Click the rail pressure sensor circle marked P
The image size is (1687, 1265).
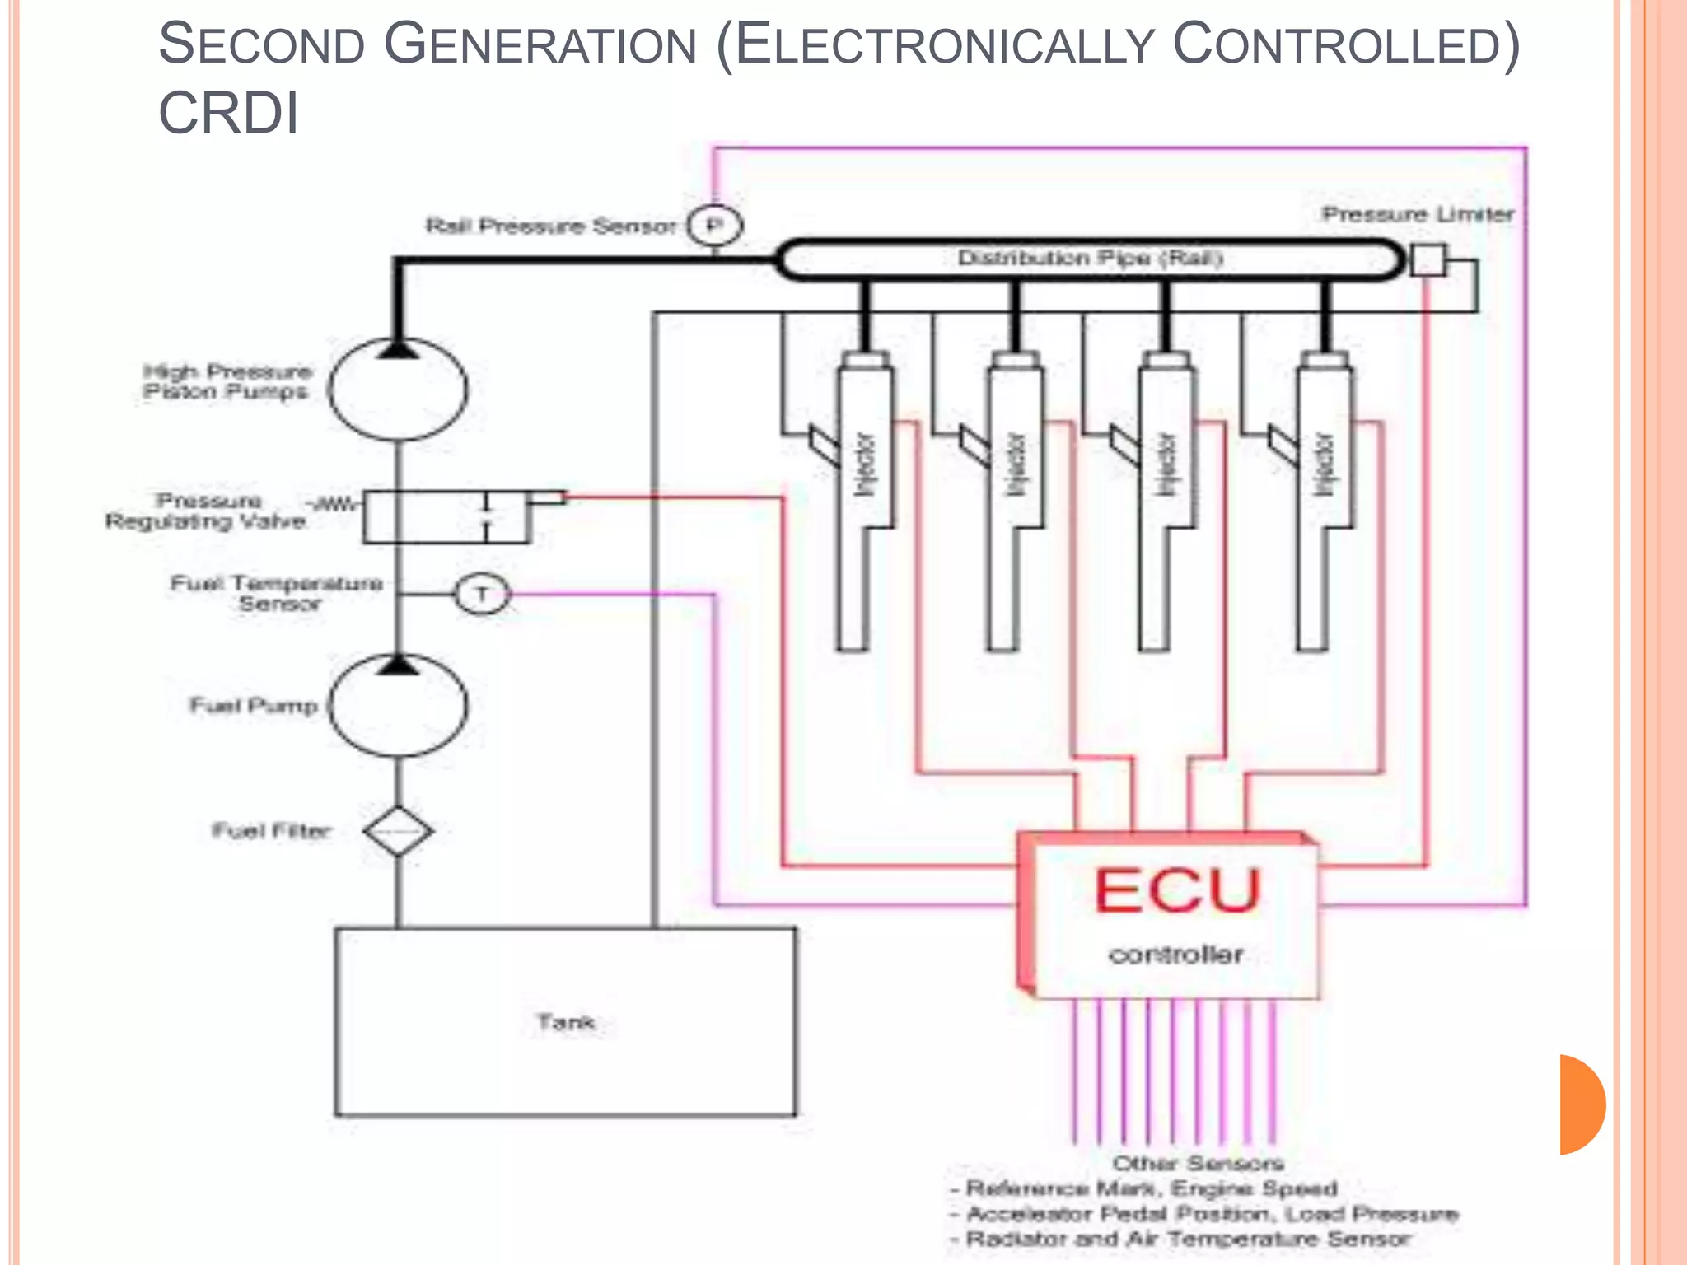pos(715,226)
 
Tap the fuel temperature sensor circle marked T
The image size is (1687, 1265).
pos(483,594)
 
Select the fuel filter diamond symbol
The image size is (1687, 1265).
pos(398,830)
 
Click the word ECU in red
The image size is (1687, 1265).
pos(1177,891)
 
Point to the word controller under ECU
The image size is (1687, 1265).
pos(1175,955)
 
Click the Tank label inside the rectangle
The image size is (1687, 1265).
pos(566,1022)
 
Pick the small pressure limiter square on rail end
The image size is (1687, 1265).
pos(1428,259)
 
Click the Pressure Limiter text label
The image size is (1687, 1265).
pos(1418,214)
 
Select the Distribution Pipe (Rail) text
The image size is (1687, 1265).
pos(1090,259)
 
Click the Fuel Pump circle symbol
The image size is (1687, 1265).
pos(398,707)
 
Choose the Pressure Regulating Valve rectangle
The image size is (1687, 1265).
pos(446,517)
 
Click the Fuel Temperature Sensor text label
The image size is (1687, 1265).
pos(277,593)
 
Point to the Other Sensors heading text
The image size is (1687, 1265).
pos(1198,1163)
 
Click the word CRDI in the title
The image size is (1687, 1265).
pos(228,113)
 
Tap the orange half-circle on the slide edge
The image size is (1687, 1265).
pos(1582,1104)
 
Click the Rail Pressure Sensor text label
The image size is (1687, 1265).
pos(550,226)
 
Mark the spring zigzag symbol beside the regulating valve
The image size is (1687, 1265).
pos(336,503)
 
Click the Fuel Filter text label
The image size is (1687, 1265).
pos(272,830)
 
